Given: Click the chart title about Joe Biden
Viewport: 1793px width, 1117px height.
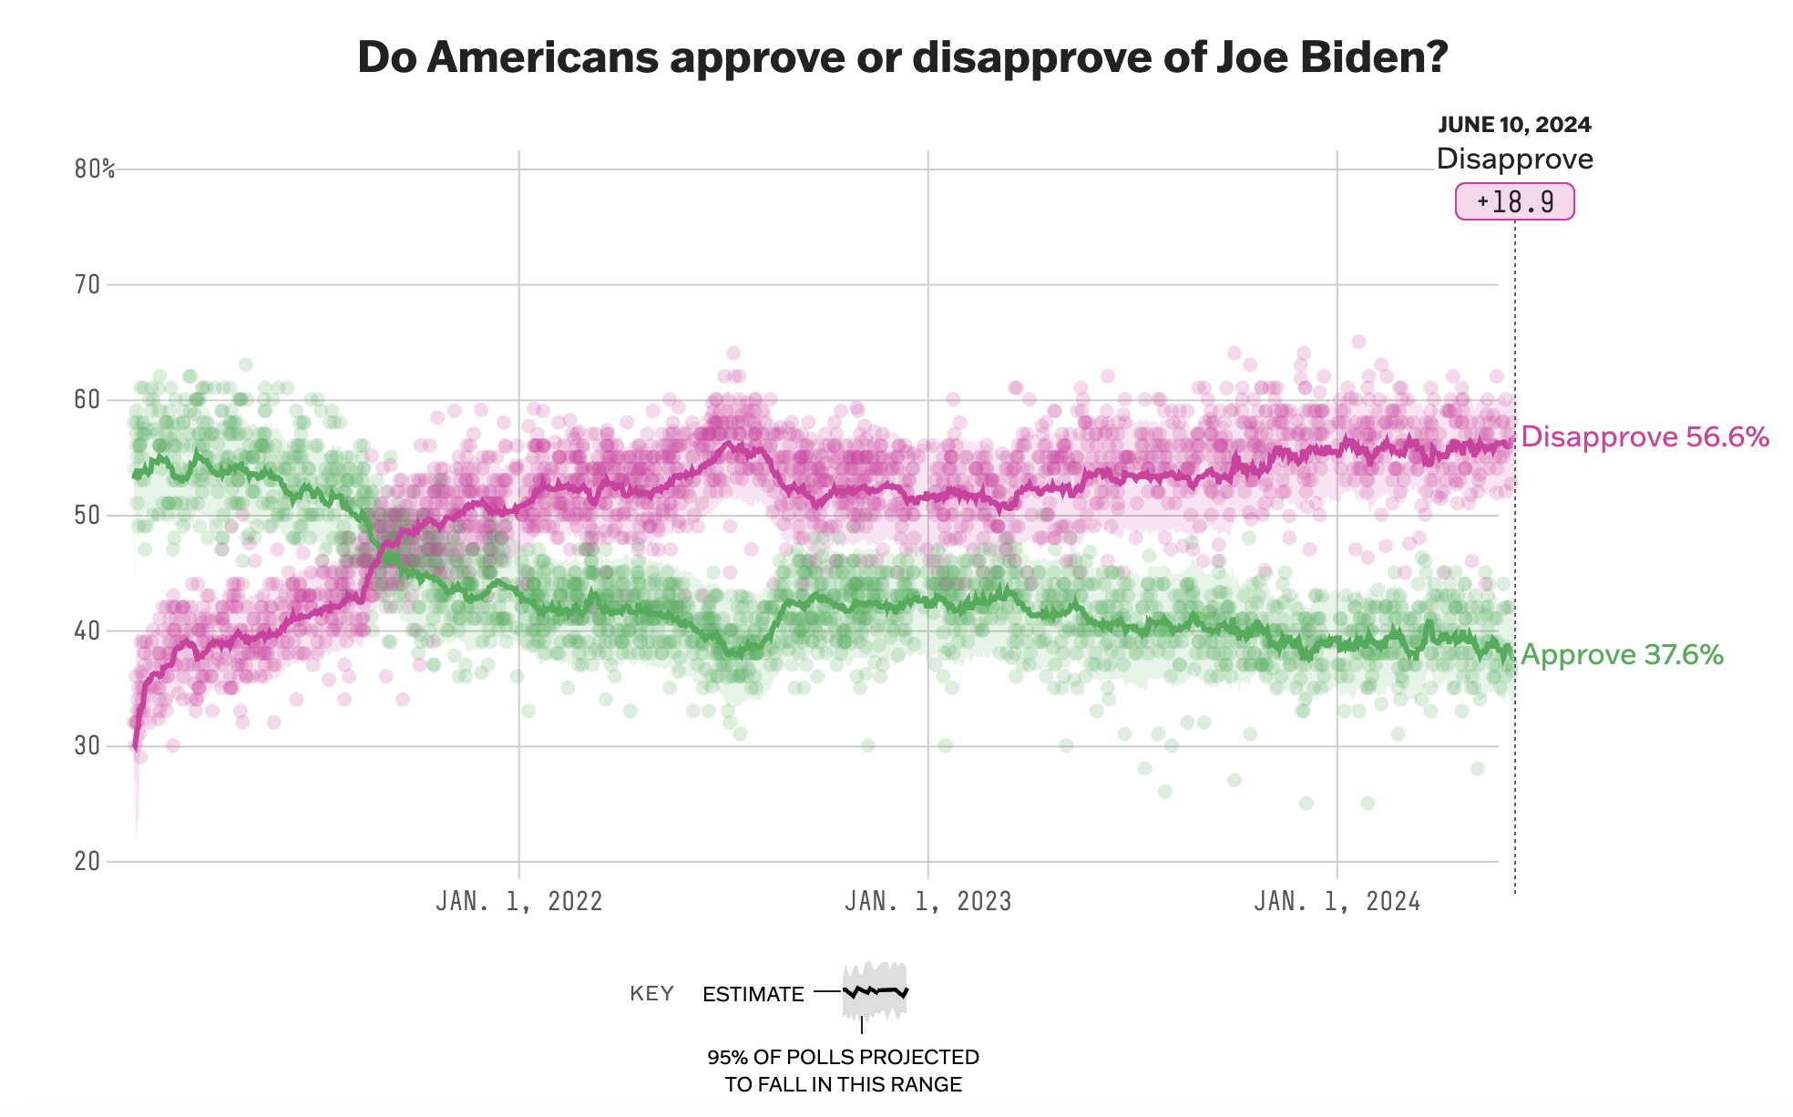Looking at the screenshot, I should tap(902, 57).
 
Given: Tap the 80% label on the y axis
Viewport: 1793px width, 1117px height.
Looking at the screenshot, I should tap(95, 169).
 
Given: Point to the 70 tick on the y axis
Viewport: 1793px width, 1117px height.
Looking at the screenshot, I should tap(87, 285).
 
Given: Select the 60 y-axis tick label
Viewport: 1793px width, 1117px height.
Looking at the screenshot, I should tap(87, 400).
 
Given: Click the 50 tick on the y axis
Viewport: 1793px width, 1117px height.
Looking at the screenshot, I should tap(87, 516).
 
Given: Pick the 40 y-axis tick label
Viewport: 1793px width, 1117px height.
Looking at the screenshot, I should tap(87, 630).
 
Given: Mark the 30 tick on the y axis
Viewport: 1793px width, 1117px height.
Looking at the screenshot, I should tap(87, 746).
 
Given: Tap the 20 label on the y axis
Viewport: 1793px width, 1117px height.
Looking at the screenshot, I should tap(87, 861).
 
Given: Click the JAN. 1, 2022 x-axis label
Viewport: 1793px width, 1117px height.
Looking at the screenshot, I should tap(519, 902).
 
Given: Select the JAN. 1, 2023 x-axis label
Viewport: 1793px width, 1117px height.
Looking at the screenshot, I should tap(927, 902).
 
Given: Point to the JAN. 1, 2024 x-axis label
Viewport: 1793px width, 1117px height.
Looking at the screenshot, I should tap(1337, 902).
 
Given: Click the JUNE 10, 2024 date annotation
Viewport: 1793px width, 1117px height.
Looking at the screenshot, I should tap(1514, 125).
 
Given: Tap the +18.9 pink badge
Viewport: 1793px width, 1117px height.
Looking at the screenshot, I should tap(1514, 201).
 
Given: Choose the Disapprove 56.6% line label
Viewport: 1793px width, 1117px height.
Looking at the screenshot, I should tap(1644, 437).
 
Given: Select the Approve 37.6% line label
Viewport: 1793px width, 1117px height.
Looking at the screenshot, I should tap(1622, 655).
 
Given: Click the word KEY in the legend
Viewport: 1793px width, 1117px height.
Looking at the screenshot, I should tap(651, 994).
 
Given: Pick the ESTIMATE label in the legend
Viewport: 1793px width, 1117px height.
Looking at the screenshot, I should tap(753, 994).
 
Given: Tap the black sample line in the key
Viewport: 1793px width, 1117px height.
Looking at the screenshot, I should tap(876, 990).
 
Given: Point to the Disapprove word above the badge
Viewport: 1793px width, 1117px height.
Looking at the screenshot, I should tap(1514, 159).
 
